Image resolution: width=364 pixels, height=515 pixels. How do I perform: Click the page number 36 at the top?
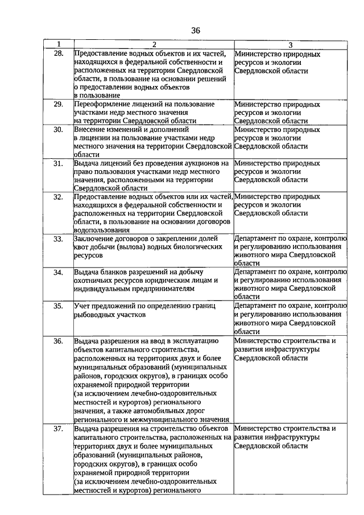coord(196,30)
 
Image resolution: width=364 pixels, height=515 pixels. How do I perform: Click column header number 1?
coord(58,44)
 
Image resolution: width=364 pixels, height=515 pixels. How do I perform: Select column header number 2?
coord(153,44)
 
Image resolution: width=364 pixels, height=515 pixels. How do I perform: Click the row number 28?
coord(58,54)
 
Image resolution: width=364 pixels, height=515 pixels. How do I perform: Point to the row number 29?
coord(58,104)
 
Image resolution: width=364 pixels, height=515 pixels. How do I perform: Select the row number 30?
coord(58,129)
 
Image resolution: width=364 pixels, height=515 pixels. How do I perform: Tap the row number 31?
coord(58,163)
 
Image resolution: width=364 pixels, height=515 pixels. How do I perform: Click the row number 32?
coord(58,197)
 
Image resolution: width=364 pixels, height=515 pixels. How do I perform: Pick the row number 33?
coord(58,239)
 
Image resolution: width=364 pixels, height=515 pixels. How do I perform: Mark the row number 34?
coord(58,273)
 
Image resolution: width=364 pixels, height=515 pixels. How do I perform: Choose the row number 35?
coord(58,306)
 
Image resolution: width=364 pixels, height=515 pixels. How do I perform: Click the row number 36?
coord(58,341)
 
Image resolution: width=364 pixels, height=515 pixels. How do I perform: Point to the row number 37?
coord(58,429)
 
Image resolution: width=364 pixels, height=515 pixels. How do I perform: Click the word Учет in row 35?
coord(82,306)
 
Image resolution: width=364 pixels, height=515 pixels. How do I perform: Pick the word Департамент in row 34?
coord(258,272)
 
